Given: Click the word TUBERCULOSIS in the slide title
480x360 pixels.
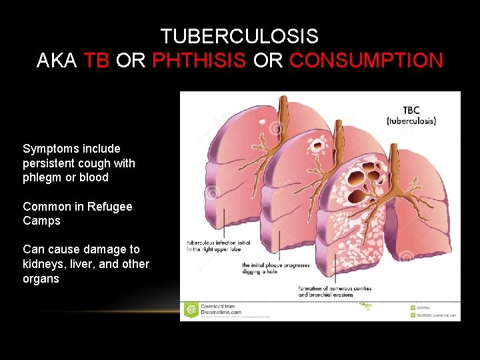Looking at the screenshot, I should pos(239,36).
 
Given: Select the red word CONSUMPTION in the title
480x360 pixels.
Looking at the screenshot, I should pos(366,61).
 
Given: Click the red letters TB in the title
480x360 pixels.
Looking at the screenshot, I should pos(97,61).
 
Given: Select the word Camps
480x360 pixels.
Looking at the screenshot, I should pos(41,221).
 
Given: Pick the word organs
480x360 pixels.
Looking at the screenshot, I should pos(41,279).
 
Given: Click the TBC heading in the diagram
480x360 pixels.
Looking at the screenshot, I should pos(411,111).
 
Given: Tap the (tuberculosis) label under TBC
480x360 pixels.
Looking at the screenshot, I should pos(411,121).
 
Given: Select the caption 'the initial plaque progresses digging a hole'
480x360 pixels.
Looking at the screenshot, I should pos(275,269).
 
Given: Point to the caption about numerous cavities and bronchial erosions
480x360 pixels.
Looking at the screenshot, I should pos(335,291).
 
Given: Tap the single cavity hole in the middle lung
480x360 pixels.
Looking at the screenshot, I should pos(311,145).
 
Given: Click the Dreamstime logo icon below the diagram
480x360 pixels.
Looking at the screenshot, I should pos(191,309).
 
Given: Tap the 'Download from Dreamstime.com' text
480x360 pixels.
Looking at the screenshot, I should pos(221,309).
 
